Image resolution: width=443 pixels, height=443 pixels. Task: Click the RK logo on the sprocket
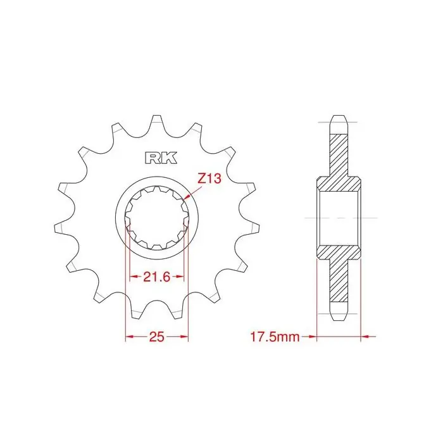pos(161,158)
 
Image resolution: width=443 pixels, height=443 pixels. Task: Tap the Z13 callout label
pos(209,178)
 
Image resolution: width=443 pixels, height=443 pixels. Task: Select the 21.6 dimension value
pos(157,277)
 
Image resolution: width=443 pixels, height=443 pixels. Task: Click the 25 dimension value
pos(157,337)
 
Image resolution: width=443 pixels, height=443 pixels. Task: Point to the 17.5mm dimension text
pos(275,337)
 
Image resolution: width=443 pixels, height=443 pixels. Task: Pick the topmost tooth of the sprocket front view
pos(158,122)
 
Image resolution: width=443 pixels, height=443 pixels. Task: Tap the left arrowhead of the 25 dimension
pos(129,337)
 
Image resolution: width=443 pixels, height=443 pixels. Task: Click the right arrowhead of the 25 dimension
pos(184,337)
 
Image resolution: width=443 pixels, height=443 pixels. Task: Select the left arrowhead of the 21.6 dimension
pos(134,277)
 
